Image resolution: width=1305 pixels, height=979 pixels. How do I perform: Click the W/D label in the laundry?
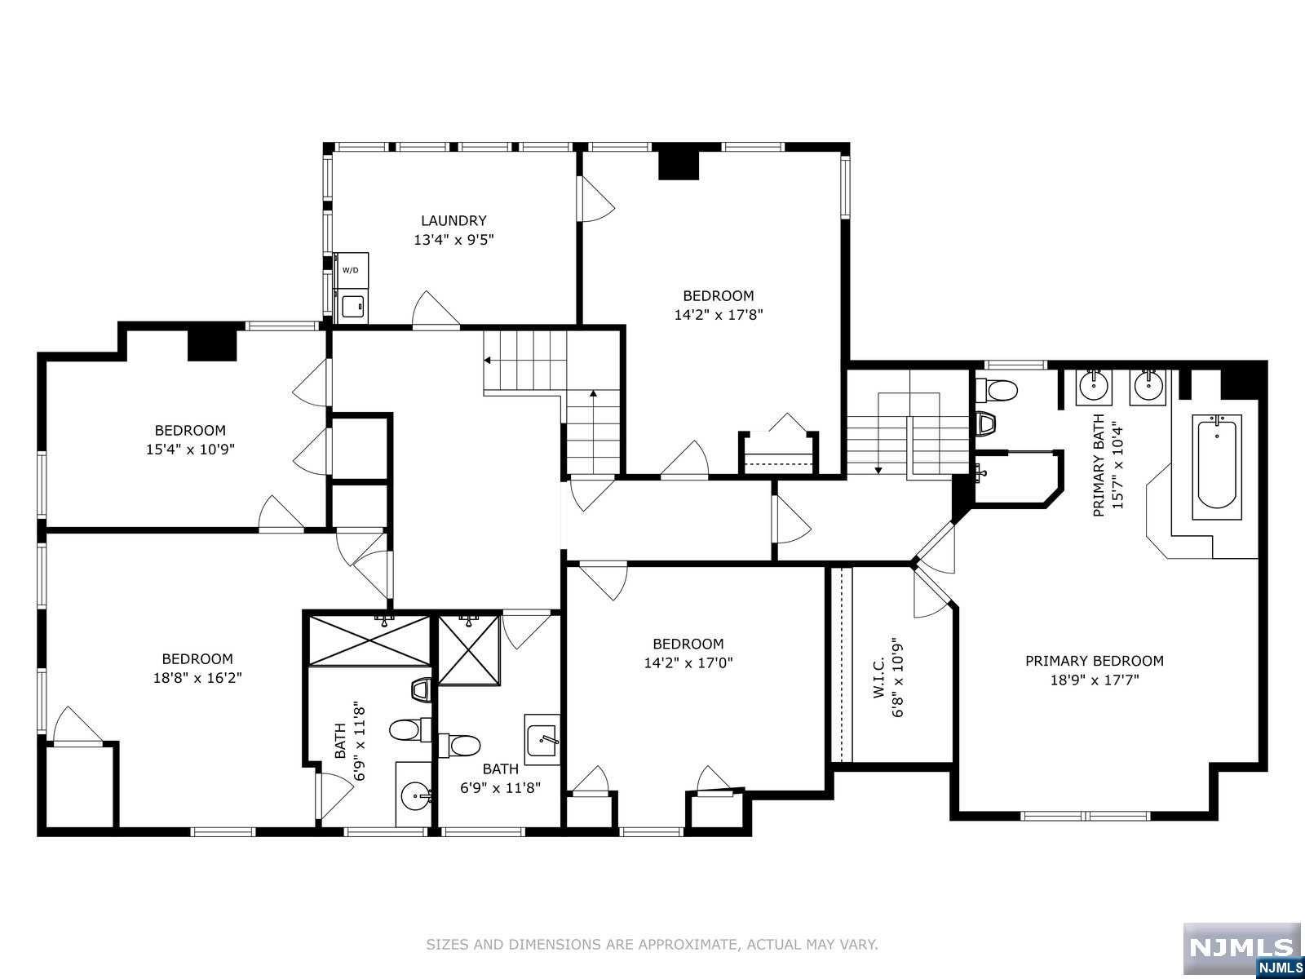tap(350, 271)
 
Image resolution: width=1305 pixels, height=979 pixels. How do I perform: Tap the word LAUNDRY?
tap(453, 220)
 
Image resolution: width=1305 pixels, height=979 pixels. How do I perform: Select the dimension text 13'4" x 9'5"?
tap(453, 240)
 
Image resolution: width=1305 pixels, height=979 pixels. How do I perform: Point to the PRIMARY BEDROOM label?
tap(1095, 660)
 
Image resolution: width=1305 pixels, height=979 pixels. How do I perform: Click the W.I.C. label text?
tap(880, 677)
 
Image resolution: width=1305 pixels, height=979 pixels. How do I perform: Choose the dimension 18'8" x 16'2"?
tap(197, 678)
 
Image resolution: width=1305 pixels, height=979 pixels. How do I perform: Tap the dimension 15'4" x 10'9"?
tap(190, 450)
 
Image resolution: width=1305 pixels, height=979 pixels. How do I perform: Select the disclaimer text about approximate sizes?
tap(652, 944)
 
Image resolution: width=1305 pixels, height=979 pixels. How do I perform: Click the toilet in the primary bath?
tap(997, 391)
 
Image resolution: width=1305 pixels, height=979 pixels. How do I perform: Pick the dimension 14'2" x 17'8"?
tap(719, 314)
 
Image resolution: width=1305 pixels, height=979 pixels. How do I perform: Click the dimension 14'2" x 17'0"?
tap(688, 662)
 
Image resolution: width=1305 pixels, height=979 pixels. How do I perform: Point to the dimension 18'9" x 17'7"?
tap(1095, 680)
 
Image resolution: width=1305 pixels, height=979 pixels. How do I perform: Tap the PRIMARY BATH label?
tap(1099, 465)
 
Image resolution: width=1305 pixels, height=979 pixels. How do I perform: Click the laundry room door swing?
tap(436, 308)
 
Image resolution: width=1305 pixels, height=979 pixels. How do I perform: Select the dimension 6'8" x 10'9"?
tap(898, 680)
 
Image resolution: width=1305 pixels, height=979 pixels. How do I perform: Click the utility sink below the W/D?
tap(351, 306)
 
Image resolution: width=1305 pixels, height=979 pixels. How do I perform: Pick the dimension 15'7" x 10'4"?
tap(1117, 465)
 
